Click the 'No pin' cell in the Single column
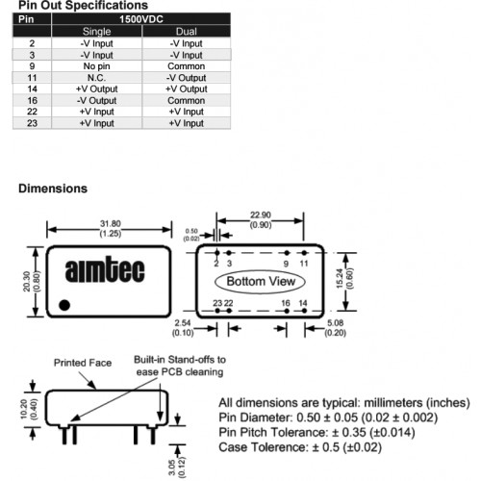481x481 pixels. point(96,66)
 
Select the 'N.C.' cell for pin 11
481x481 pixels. point(96,78)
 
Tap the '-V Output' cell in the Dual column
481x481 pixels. point(187,78)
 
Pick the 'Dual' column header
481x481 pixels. point(187,32)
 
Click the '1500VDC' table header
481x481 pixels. point(141,19)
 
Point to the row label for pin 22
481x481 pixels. point(32,112)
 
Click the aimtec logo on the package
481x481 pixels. point(105,269)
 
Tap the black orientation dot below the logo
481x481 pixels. point(64,305)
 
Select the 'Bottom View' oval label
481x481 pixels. point(260,282)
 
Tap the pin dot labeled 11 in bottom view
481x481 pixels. point(304,253)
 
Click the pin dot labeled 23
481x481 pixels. point(217,311)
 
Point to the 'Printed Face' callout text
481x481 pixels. point(83,363)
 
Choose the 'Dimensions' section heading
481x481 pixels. point(53,189)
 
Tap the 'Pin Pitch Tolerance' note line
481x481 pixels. point(316,432)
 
